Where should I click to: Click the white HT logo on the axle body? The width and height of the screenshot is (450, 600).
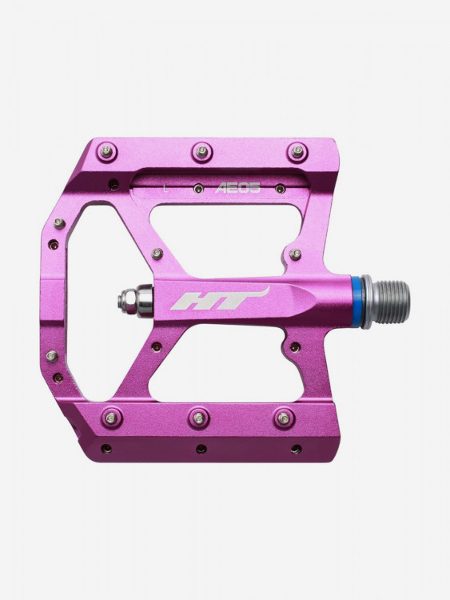(x=220, y=298)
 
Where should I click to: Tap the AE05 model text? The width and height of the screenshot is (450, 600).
(x=238, y=187)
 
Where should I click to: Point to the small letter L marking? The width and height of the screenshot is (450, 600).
(x=165, y=188)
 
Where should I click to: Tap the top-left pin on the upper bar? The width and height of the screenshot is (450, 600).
(x=107, y=151)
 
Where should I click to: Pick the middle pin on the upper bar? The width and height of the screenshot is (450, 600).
(x=202, y=152)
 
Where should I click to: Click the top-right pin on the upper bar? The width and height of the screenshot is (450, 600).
(x=297, y=152)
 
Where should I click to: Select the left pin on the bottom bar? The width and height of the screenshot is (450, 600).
(x=112, y=418)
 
